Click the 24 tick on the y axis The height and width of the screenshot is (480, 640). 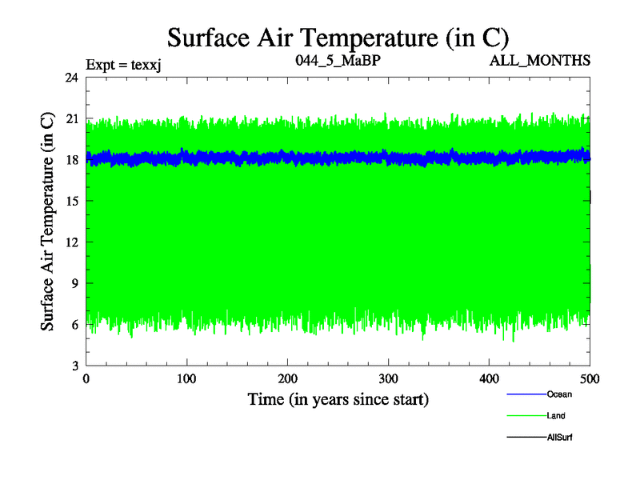point(72,78)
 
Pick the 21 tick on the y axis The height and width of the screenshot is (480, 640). point(72,118)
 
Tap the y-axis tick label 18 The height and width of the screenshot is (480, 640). point(72,160)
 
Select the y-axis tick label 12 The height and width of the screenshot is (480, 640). point(72,242)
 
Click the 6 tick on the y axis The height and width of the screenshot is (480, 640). point(75,324)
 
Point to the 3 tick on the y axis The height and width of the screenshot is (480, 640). point(75,366)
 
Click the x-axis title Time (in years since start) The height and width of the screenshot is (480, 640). point(338,398)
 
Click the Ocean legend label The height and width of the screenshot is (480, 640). point(559,394)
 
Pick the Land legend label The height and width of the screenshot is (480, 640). point(557,415)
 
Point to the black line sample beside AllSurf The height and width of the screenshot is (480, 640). point(526,437)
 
